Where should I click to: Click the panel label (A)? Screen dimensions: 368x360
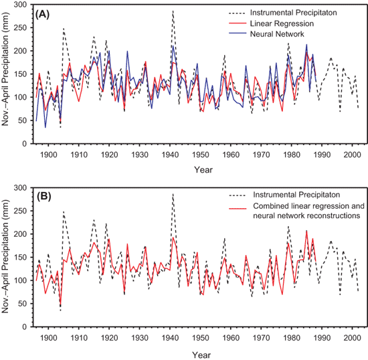(42, 15)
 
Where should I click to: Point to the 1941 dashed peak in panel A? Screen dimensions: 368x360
(173, 11)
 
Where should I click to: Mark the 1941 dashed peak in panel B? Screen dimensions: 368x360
(173, 194)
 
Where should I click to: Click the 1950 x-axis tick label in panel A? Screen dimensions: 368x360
(200, 155)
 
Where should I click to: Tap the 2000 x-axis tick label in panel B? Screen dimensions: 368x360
(352, 338)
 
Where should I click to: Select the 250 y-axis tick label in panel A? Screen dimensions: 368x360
(21, 28)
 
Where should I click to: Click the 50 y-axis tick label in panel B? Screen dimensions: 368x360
(23, 304)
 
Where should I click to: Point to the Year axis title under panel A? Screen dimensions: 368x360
(203, 170)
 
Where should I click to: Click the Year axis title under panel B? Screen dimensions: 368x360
(201, 355)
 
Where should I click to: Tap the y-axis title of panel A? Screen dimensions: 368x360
(5, 70)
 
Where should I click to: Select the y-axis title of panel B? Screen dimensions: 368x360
(5, 256)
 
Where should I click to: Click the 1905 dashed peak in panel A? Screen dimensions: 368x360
(64, 28)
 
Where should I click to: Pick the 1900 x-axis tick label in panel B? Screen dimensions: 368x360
(48, 338)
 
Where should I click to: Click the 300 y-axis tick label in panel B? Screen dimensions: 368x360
(21, 188)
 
